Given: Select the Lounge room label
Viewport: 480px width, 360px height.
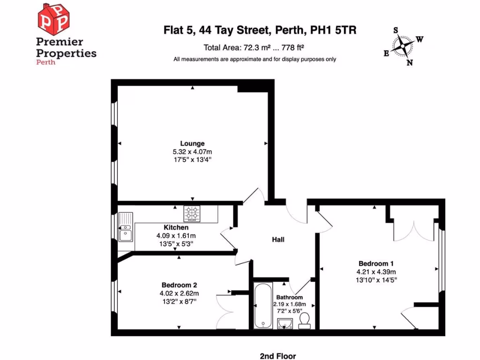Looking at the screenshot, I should (x=192, y=143).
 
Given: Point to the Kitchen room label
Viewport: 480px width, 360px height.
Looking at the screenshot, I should (x=176, y=227).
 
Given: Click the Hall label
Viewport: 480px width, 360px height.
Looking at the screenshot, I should (x=278, y=240).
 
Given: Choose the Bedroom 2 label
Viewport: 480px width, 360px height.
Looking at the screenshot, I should (x=179, y=285).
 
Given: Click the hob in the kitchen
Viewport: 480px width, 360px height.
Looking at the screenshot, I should (x=192, y=214).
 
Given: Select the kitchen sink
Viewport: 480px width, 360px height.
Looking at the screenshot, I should (x=126, y=227).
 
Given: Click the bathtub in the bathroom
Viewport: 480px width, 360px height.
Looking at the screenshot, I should (x=262, y=305).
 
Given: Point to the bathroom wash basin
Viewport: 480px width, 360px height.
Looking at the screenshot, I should (x=285, y=323).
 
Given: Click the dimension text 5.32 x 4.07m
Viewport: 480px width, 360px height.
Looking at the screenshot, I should (x=192, y=152).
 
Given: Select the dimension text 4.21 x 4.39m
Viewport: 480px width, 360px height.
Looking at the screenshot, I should (x=376, y=271).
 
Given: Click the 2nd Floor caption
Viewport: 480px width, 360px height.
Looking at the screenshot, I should (x=278, y=356).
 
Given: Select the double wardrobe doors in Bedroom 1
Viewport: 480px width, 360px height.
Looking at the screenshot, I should (x=414, y=227).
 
